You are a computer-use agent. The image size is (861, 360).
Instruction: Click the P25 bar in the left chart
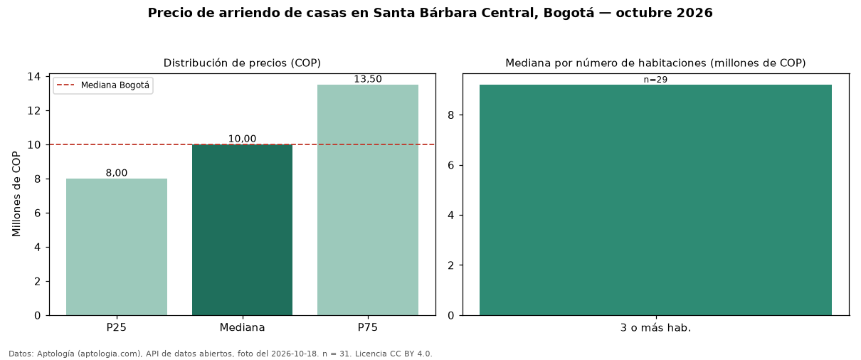point(117,247)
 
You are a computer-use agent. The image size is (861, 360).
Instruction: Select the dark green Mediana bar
point(242,230)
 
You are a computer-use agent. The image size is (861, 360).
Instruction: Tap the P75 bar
point(368,200)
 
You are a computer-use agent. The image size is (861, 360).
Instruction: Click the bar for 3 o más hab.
point(655,200)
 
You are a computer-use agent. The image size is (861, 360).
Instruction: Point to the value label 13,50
point(368,79)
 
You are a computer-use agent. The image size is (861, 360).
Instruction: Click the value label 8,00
point(117,173)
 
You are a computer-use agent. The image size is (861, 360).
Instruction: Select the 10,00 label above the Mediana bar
point(242,139)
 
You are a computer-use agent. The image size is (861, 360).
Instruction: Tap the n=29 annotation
point(655,80)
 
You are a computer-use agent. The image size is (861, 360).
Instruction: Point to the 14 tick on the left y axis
point(34,76)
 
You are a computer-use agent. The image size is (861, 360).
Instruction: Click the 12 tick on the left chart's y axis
point(34,111)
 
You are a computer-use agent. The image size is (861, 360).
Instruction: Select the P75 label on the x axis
point(368,327)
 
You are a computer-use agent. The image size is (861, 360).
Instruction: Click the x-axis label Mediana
point(242,327)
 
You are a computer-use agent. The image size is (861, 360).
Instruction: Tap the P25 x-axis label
point(117,327)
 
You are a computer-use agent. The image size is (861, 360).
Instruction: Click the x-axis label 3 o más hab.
point(655,328)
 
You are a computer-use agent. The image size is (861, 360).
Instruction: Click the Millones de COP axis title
point(16,194)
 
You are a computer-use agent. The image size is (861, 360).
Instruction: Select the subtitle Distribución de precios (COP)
point(242,63)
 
